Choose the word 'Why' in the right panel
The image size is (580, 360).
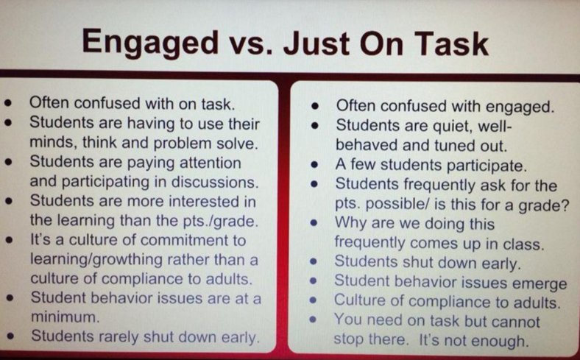(x=351, y=223)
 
